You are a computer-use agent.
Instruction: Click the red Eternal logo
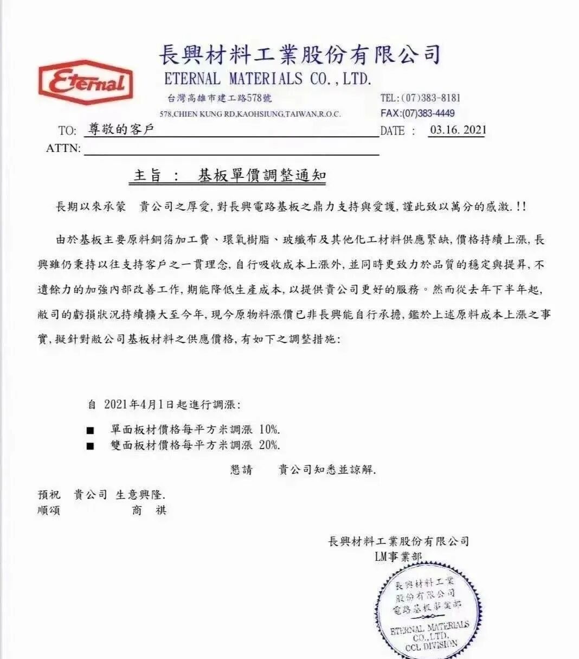click(x=85, y=82)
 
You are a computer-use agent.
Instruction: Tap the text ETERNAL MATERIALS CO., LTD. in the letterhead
click(x=268, y=79)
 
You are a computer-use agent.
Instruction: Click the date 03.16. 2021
click(x=458, y=130)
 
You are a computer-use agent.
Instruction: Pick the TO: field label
click(x=67, y=131)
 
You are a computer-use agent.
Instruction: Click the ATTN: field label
click(x=63, y=148)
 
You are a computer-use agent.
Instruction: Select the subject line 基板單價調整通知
click(x=262, y=176)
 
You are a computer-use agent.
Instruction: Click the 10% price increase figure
click(x=269, y=430)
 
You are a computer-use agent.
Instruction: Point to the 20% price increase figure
click(x=269, y=445)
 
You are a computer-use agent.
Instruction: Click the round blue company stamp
click(x=428, y=607)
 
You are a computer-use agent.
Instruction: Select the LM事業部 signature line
click(x=398, y=556)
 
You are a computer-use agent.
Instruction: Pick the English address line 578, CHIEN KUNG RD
click(x=250, y=114)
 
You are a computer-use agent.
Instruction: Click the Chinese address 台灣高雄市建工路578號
click(x=220, y=98)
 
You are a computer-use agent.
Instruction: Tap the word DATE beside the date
click(x=393, y=131)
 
